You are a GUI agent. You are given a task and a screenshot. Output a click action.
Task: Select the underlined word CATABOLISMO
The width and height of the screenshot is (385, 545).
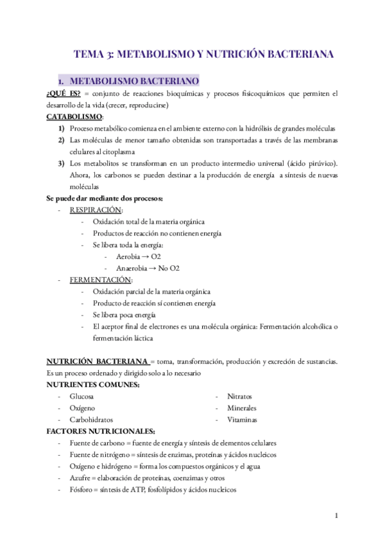74,117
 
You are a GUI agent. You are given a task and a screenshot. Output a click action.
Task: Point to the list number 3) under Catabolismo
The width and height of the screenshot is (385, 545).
60,163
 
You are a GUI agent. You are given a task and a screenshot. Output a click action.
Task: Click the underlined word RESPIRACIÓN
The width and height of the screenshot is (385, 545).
96,210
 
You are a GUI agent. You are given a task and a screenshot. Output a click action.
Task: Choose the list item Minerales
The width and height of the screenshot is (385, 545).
241,408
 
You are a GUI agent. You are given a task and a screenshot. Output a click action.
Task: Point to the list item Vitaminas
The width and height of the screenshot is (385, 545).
241,420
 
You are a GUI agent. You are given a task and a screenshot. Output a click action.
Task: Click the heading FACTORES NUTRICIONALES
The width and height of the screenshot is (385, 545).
100,431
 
